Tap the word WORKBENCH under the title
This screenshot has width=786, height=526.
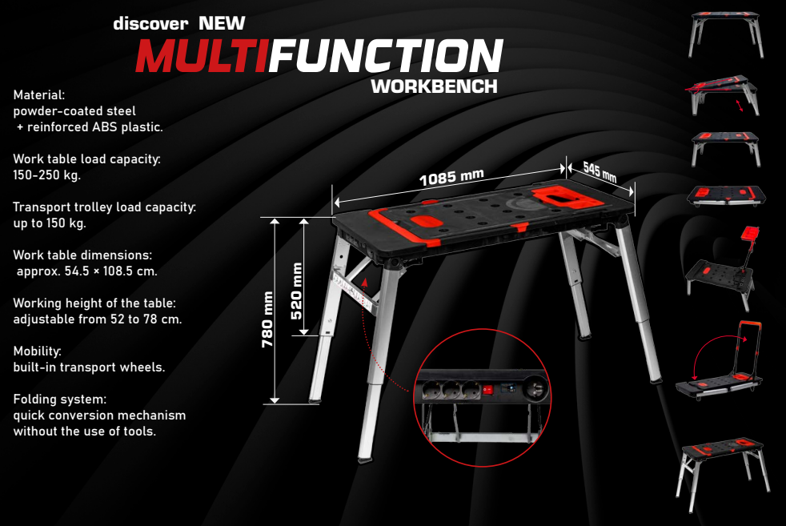click(435, 86)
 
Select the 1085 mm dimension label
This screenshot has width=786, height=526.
click(451, 175)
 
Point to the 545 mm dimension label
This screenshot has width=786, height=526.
click(600, 171)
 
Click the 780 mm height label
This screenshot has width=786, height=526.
click(269, 318)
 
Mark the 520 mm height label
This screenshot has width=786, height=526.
click(297, 291)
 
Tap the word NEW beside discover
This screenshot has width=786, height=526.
click(222, 22)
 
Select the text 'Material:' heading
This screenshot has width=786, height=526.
click(39, 95)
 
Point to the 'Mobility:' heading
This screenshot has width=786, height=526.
click(38, 351)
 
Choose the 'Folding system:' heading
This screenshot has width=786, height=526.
click(60, 399)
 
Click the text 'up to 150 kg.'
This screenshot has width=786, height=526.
click(50, 223)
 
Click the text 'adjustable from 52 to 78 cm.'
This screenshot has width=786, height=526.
click(98, 319)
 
